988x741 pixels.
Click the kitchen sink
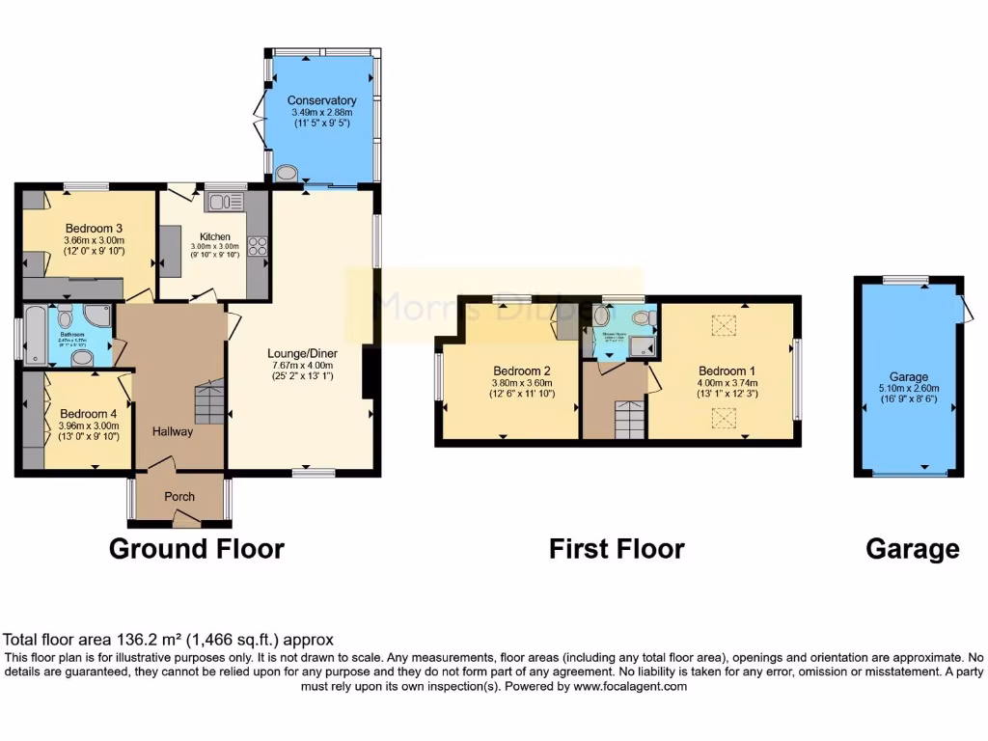coord(224,201)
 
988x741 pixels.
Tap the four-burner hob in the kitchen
coord(258,246)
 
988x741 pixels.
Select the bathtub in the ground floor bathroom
coord(36,335)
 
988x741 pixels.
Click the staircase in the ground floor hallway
coord(209,401)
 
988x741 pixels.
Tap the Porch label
coord(179,497)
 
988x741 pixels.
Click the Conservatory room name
coord(321,100)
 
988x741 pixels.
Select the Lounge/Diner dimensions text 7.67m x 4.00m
coord(300,365)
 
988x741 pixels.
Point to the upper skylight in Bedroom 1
coord(723,326)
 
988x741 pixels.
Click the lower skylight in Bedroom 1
coord(723,416)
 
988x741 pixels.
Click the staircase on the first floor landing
coord(628,419)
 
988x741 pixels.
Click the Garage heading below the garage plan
coord(912,549)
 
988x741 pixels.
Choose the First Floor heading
coord(617,549)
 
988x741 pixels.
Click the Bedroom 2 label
coord(522,370)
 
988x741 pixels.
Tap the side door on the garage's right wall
coord(966,307)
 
